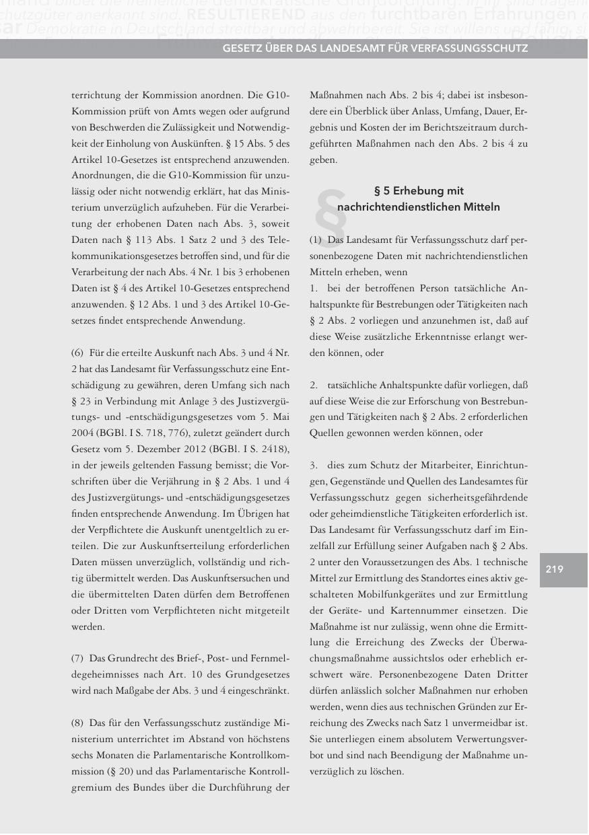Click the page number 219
click(x=554, y=570)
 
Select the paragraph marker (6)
click(x=78, y=353)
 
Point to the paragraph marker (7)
click(x=78, y=657)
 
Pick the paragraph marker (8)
click(x=78, y=723)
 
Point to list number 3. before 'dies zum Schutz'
click(x=314, y=466)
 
